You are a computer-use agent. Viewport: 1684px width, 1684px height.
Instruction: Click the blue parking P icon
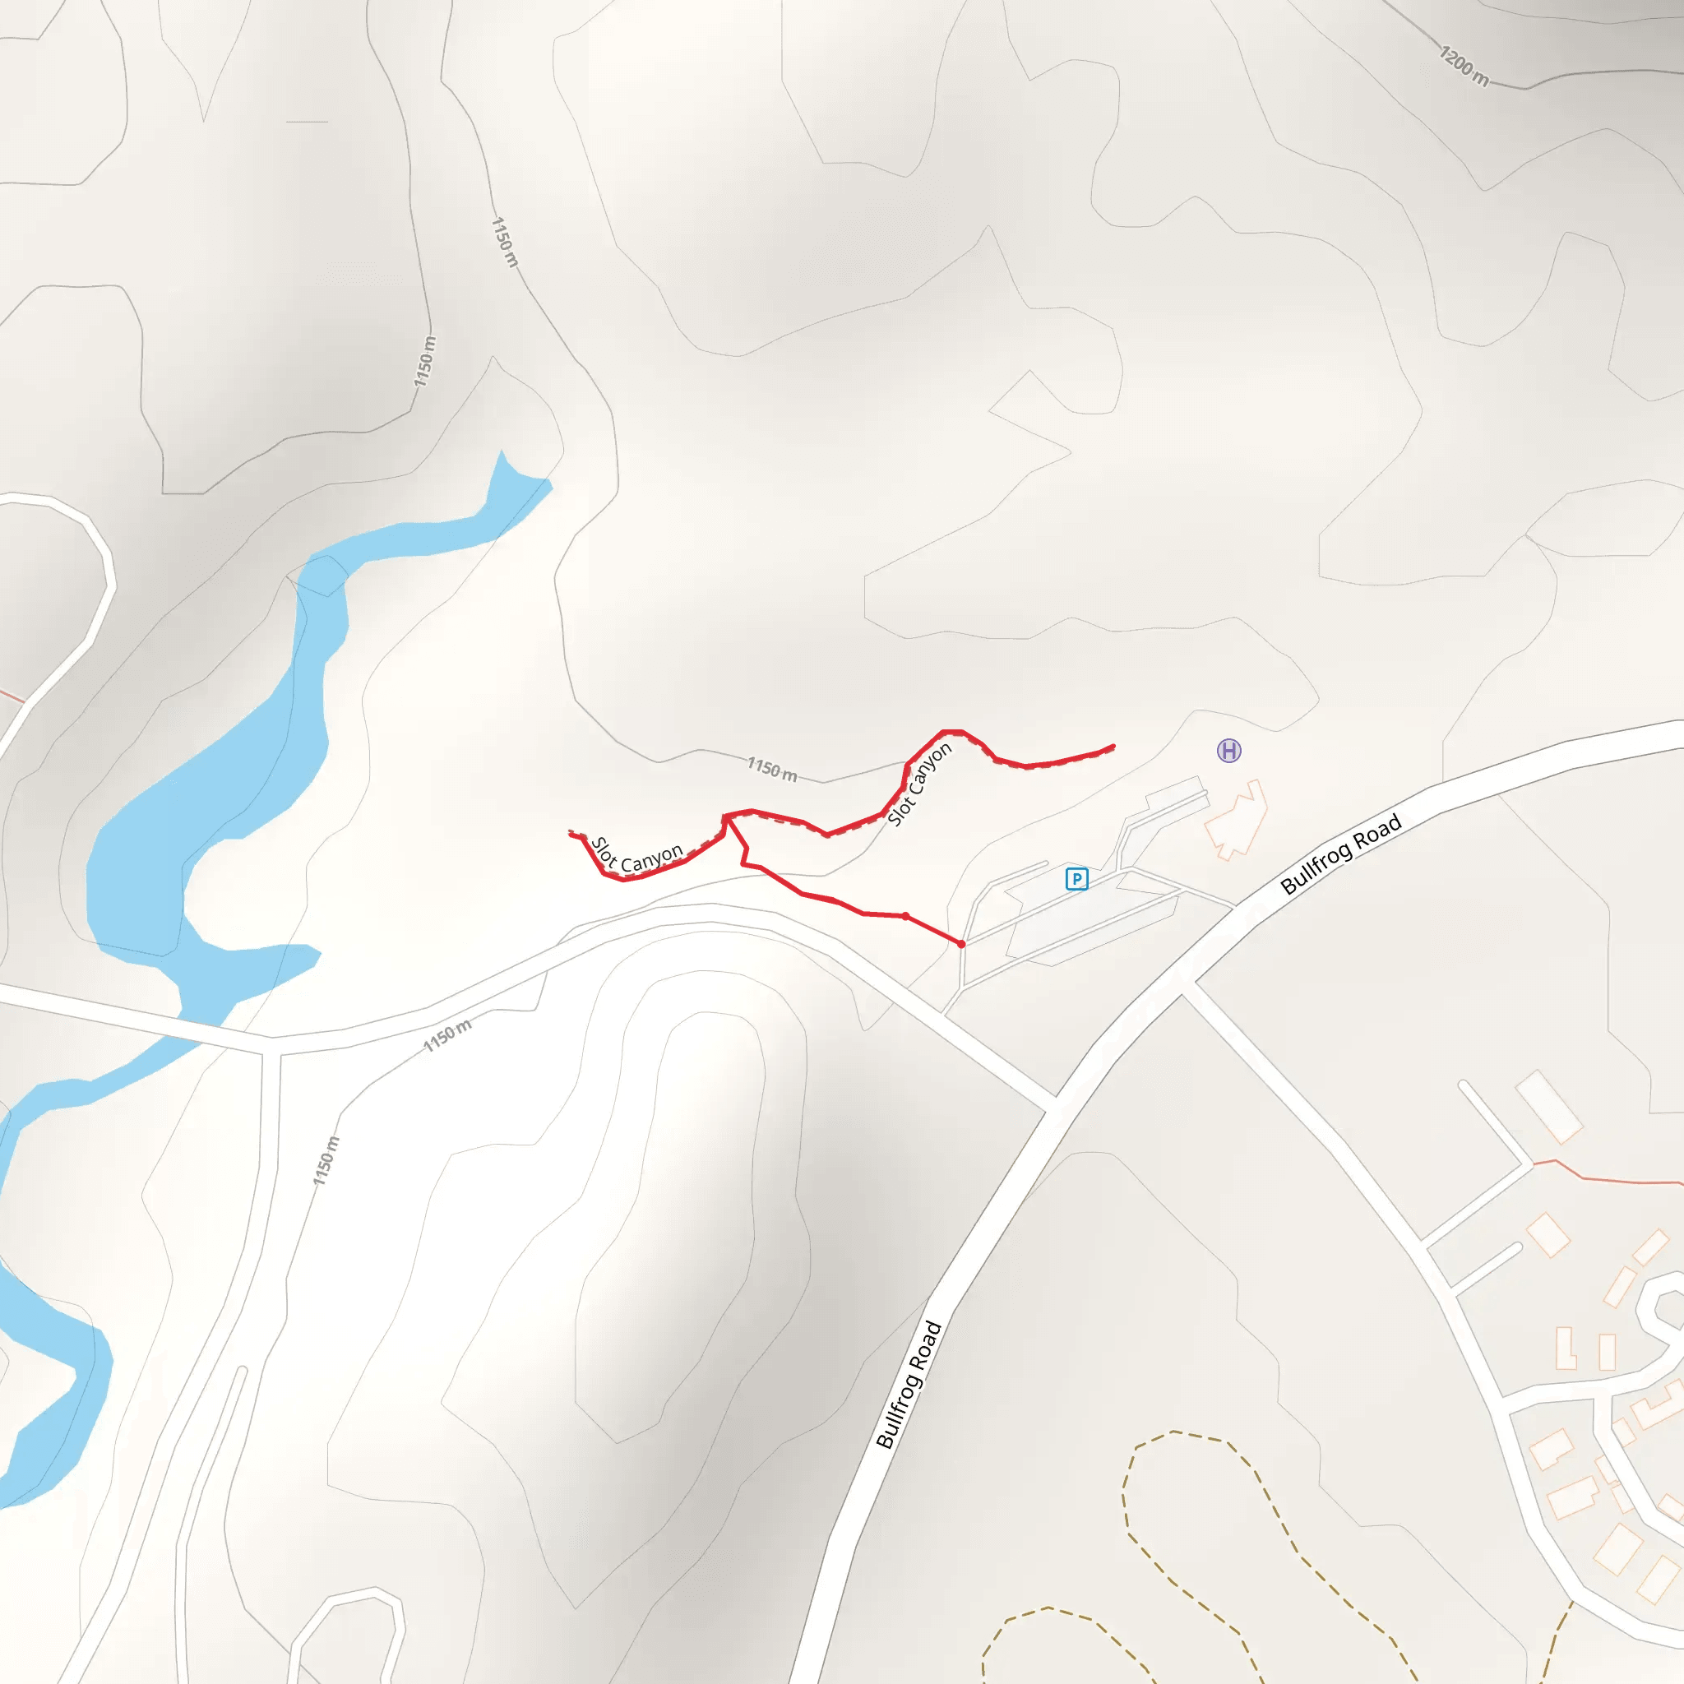(x=1076, y=879)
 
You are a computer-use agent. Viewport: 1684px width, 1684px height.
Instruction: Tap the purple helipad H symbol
(x=1229, y=751)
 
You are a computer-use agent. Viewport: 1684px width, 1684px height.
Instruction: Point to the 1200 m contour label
(x=1464, y=67)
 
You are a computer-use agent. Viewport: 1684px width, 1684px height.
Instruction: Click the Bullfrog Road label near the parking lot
(x=1340, y=854)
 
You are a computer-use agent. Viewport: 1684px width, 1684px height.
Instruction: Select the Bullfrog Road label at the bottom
(x=909, y=1385)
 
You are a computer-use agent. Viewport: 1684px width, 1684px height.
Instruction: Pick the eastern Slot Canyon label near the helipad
(x=919, y=784)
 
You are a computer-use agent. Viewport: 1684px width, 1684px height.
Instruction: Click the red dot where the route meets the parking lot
(x=961, y=944)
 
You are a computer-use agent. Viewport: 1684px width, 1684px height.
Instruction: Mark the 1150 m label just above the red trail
(x=772, y=769)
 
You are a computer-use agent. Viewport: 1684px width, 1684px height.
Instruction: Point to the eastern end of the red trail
(x=1113, y=746)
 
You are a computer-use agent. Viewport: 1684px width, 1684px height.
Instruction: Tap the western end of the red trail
(x=571, y=834)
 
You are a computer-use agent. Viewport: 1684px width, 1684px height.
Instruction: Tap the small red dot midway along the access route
(x=905, y=916)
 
